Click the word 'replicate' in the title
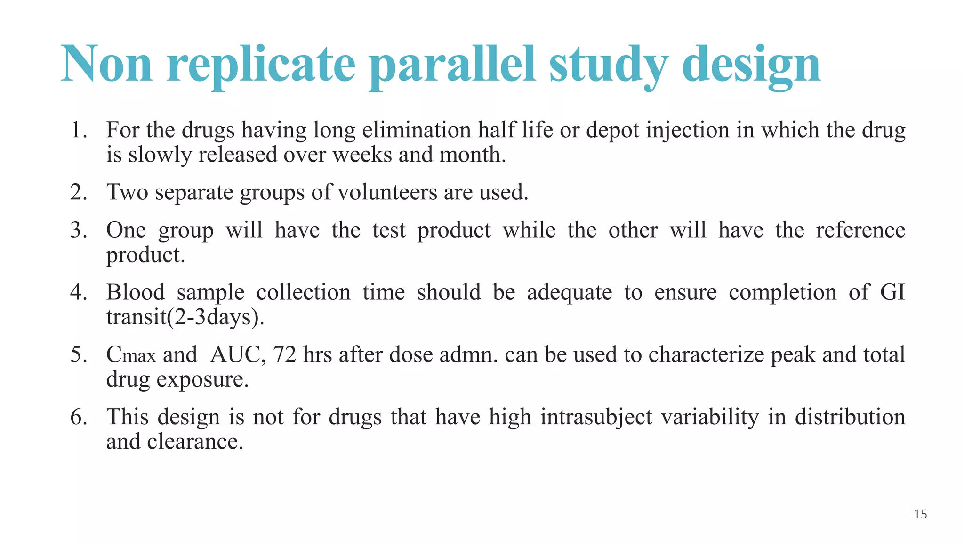[261, 65]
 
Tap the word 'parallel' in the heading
[452, 65]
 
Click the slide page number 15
[920, 514]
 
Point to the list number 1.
[78, 130]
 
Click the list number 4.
[78, 292]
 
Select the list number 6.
[78, 417]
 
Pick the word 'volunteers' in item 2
[387, 192]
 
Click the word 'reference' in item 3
[860, 230]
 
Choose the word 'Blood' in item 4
[136, 292]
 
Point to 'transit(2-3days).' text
[185, 317]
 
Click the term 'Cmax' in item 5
[130, 355]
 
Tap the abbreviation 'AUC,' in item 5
[238, 355]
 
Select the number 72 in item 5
[284, 355]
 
